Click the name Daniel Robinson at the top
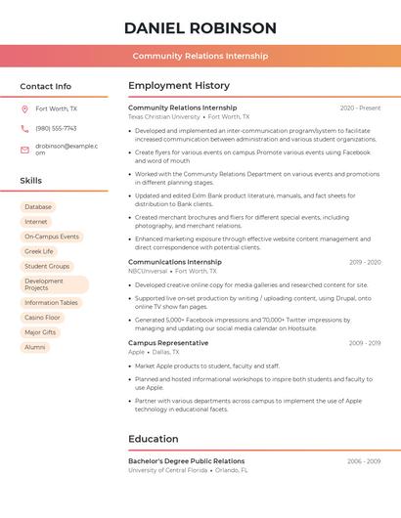click(x=200, y=27)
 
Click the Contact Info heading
click(x=45, y=86)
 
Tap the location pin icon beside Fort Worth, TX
click(x=24, y=108)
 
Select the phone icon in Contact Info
click(x=24, y=128)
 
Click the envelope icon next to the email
click(x=24, y=150)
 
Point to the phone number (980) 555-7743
click(x=56, y=128)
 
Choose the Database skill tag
click(x=38, y=207)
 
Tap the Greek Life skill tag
click(x=39, y=251)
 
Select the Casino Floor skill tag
click(x=42, y=318)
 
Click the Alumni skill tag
click(x=35, y=347)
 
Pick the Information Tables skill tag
click(x=51, y=303)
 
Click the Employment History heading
click(x=179, y=86)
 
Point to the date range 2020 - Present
click(x=360, y=108)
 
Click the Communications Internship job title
click(x=175, y=262)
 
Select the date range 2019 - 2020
click(x=364, y=262)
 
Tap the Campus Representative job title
click(x=168, y=343)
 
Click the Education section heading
click(x=153, y=439)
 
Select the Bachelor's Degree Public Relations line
click(x=186, y=460)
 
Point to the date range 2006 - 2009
click(x=364, y=460)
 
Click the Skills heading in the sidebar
click(x=31, y=181)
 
